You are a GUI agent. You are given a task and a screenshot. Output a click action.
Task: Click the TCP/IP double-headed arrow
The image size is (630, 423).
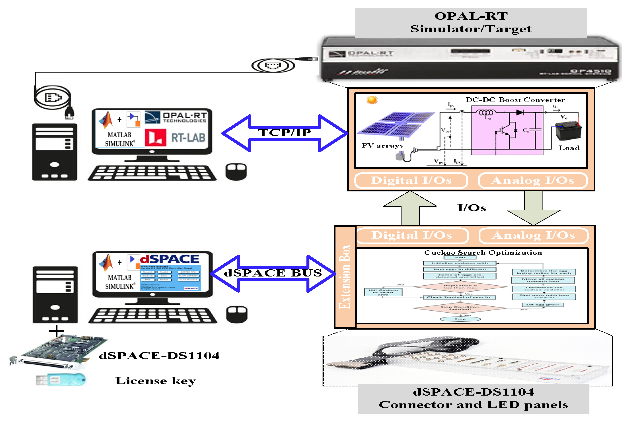(285, 133)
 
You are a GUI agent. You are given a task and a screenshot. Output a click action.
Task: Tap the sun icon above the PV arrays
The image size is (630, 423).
(372, 100)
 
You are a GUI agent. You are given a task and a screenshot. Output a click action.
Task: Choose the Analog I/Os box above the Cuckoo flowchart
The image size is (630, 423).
(533, 235)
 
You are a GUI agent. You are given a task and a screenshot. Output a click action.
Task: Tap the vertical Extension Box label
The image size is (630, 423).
(345, 277)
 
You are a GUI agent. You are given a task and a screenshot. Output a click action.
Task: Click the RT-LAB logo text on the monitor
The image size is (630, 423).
(188, 138)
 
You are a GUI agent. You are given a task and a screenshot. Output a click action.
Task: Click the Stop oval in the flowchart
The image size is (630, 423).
(460, 319)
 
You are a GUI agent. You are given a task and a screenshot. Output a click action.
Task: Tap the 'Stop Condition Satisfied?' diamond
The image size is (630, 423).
(460, 308)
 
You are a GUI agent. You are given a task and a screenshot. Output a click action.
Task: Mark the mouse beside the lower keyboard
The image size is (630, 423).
(237, 314)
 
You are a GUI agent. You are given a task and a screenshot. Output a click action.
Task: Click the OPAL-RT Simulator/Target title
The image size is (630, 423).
(471, 23)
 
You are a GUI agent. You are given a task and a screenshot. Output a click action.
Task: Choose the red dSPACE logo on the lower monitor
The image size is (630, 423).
(169, 259)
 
